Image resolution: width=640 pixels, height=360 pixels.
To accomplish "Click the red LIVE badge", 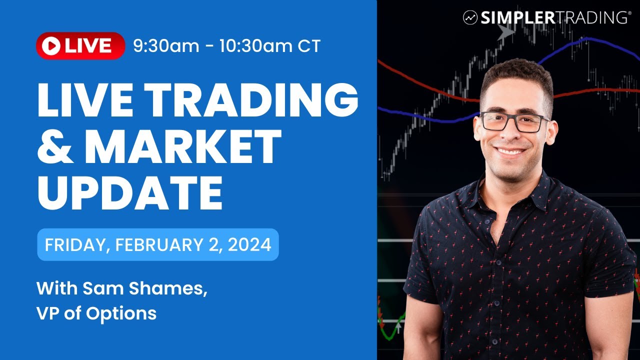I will (x=80, y=46).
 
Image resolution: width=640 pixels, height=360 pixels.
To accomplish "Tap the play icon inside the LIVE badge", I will (x=50, y=46).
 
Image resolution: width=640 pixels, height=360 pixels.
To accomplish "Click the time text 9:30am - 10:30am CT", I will (x=226, y=46).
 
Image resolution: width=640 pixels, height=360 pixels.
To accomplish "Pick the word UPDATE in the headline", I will (x=130, y=193).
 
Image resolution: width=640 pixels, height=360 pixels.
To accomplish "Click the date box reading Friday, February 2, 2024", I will (x=157, y=244).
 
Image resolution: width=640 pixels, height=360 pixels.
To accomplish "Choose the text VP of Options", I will (x=96, y=313).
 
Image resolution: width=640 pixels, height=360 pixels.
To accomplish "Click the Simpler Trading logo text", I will (x=555, y=18).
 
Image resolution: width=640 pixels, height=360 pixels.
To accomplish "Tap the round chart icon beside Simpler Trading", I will (x=470, y=18).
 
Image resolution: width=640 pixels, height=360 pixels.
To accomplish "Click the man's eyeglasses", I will (x=513, y=122).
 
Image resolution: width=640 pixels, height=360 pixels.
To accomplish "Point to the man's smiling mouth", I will (x=510, y=151).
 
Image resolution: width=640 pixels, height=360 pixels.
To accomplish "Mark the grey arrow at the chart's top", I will (x=506, y=33).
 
